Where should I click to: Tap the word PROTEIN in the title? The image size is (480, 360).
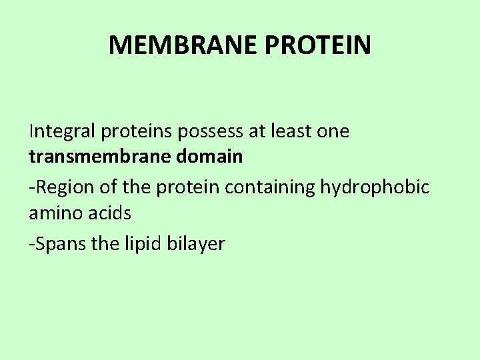point(318,45)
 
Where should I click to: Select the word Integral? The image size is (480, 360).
point(62,131)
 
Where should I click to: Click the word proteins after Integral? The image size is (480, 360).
point(137,131)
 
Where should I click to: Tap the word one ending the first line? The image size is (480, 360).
point(333,131)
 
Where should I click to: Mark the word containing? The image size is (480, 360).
point(270,187)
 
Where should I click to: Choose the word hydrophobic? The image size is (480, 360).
point(375,187)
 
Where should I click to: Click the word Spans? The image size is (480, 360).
point(59,244)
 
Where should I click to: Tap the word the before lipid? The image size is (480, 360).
point(105,244)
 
